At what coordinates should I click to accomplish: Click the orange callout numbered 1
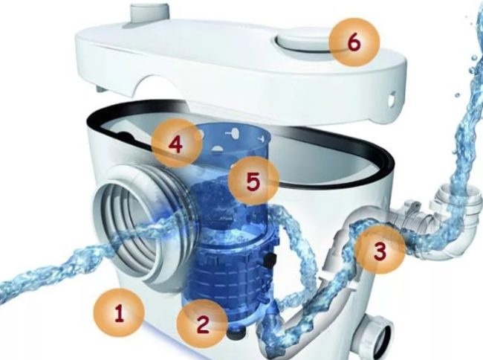(119, 313)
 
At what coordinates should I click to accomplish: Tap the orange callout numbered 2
(202, 324)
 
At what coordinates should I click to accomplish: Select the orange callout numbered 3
(380, 249)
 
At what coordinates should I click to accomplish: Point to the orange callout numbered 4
(177, 144)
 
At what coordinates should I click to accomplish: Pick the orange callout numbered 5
(253, 181)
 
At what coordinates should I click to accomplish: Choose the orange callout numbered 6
(354, 42)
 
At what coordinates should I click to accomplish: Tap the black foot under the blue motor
(236, 333)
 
